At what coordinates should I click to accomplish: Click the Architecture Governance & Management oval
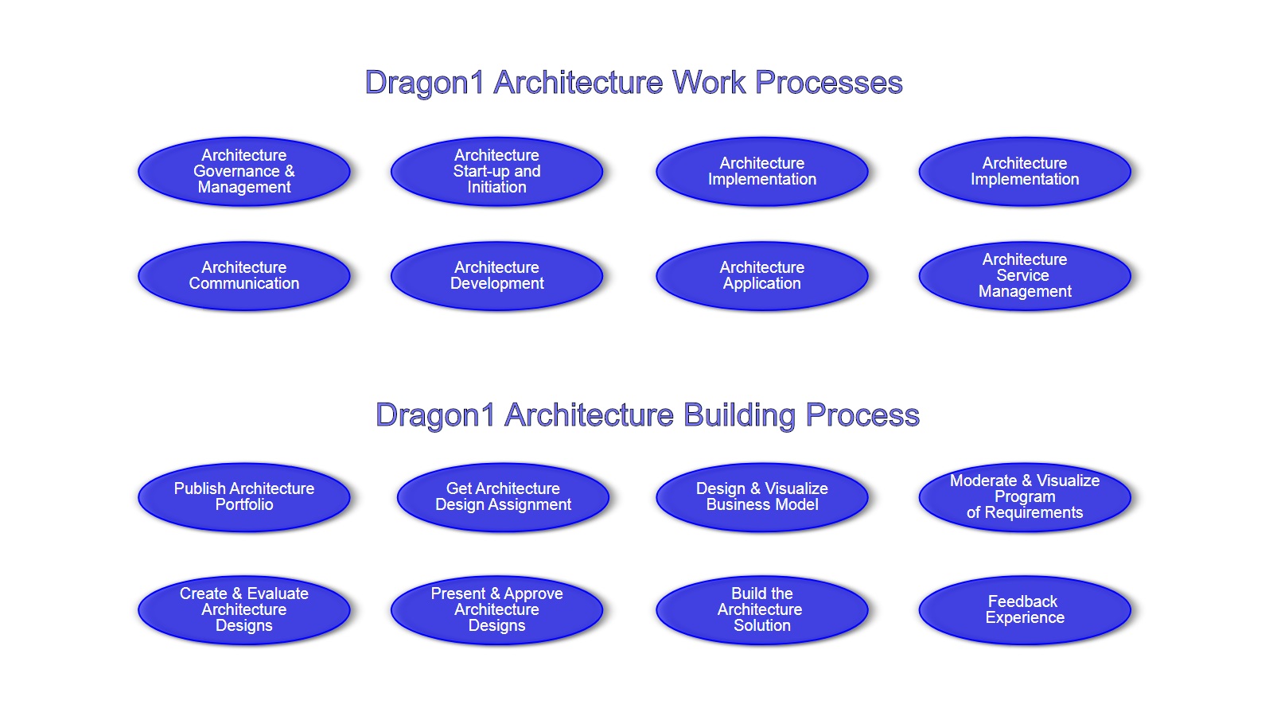pyautogui.click(x=243, y=171)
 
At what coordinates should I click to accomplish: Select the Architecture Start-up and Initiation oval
pyautogui.click(x=496, y=171)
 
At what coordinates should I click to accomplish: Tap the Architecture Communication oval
pyautogui.click(x=243, y=275)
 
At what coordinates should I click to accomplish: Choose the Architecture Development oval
pyautogui.click(x=496, y=275)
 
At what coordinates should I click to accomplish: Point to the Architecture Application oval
pyautogui.click(x=762, y=275)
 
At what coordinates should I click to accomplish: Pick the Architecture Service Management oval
pyautogui.click(x=1025, y=275)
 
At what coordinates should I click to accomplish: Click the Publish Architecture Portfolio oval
pyautogui.click(x=243, y=497)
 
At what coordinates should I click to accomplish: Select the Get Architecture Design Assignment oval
pyautogui.click(x=503, y=497)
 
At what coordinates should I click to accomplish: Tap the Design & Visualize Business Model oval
pyautogui.click(x=762, y=497)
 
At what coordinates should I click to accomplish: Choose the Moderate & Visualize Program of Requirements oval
pyautogui.click(x=1025, y=497)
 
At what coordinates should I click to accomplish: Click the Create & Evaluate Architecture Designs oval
pyautogui.click(x=243, y=609)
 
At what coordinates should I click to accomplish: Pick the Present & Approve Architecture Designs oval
pyautogui.click(x=496, y=609)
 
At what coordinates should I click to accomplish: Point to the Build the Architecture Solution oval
pyautogui.click(x=762, y=609)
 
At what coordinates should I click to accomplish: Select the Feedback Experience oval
pyautogui.click(x=1025, y=609)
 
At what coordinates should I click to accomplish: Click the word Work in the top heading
pyautogui.click(x=708, y=83)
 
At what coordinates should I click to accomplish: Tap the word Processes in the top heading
pyautogui.click(x=828, y=83)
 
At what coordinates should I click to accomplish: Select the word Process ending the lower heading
pyautogui.click(x=862, y=415)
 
